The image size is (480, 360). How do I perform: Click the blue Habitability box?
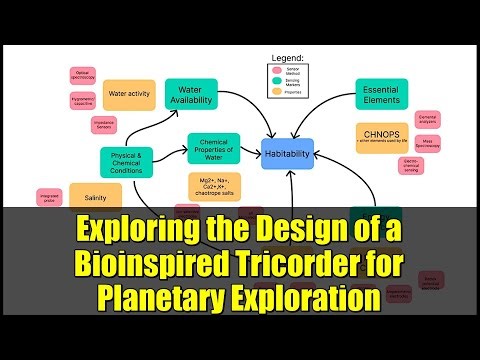pos(288,153)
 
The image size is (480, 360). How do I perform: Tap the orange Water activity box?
pos(129,94)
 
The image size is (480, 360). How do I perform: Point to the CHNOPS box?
pos(381,138)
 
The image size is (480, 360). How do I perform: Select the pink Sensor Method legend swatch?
pos(275,69)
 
